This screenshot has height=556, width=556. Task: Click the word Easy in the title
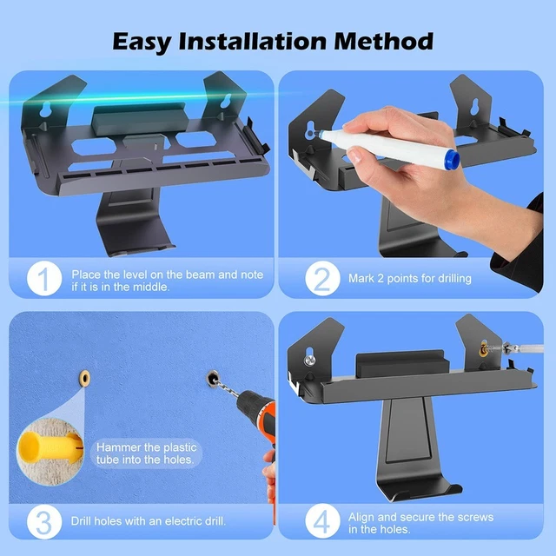click(x=141, y=43)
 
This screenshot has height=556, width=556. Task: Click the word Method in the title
click(x=383, y=41)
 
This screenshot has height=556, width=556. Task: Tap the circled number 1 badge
click(x=44, y=278)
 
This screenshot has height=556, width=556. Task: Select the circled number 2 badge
click(x=322, y=278)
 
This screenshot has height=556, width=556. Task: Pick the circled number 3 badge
click(x=44, y=521)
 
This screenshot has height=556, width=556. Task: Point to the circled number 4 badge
click(x=322, y=521)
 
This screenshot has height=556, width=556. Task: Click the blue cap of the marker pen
click(x=452, y=158)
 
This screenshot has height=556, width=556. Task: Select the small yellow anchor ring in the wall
click(x=85, y=379)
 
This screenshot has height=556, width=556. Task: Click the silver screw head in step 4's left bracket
click(x=309, y=361)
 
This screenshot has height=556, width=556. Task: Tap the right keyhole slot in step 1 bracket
click(x=226, y=101)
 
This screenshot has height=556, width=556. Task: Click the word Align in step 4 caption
click(x=361, y=518)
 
